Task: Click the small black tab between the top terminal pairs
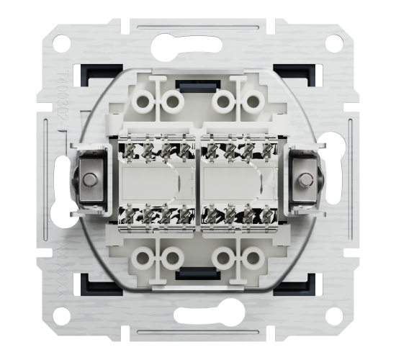click(199, 90)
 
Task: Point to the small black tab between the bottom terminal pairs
click(199, 271)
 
